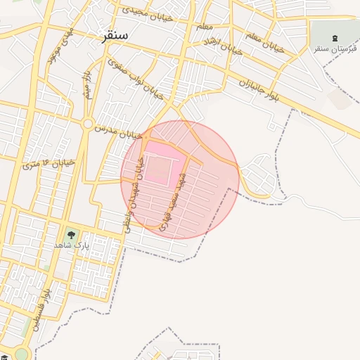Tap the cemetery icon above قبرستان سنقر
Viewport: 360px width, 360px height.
(x=334, y=37)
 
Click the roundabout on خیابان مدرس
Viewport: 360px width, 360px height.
(x=88, y=124)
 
